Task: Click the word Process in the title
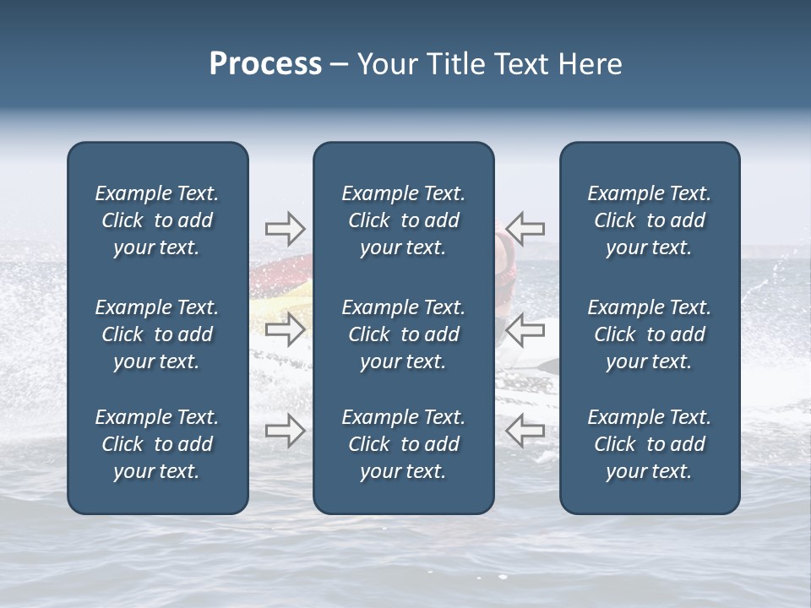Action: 265,64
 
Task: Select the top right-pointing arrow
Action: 286,228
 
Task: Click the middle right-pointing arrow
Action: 286,329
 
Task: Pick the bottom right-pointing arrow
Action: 286,431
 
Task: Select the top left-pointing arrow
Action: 525,228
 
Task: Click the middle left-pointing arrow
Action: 525,329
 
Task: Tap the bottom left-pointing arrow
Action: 525,431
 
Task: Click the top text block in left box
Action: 157,220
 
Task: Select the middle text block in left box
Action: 157,334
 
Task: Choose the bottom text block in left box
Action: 157,444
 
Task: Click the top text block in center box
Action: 403,220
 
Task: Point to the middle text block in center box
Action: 403,334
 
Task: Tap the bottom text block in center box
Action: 403,444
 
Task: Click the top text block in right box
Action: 649,220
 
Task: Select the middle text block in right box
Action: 649,334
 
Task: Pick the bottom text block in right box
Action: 649,444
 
